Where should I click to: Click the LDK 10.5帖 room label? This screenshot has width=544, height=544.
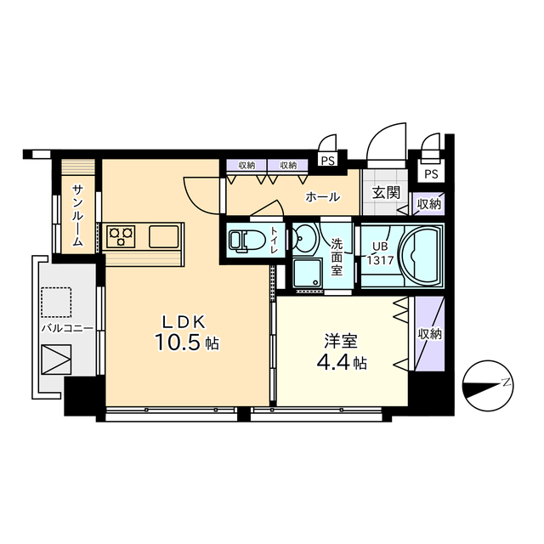187,332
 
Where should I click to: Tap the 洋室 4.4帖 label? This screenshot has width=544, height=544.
341,351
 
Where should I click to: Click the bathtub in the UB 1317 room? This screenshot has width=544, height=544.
421,256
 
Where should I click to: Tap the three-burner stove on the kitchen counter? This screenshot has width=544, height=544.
121,236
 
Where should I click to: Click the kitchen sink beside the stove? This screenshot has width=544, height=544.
164,236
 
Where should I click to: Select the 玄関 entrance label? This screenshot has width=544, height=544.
386,193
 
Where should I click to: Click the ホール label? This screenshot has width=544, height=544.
323,197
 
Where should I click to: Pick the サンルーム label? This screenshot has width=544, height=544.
78,215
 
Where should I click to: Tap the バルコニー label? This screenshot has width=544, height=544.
67,328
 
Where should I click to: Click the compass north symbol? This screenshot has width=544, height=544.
488,385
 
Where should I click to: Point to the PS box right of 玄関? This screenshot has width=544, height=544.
431,173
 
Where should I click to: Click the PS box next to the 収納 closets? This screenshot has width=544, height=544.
327,161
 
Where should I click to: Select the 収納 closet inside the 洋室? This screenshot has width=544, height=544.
429,334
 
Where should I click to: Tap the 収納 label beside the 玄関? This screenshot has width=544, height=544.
429,204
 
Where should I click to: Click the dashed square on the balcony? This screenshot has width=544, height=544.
56,303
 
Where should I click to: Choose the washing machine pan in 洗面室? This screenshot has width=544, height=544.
308,274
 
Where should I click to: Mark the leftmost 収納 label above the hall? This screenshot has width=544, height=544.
246,165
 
